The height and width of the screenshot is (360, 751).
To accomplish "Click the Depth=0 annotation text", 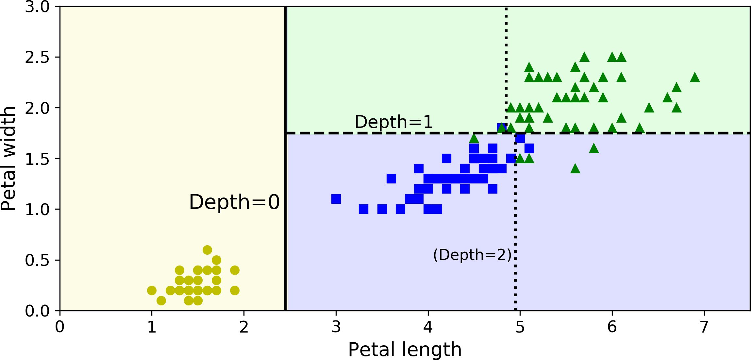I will tap(234, 202).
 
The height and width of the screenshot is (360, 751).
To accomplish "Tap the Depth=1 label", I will tap(393, 122).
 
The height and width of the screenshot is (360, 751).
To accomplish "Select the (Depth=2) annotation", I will tap(472, 255).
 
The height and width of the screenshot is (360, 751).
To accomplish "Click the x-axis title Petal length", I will tap(405, 350).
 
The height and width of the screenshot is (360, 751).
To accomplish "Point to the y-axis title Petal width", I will tap(8, 158).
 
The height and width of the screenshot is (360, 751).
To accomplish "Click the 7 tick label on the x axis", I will tap(704, 327).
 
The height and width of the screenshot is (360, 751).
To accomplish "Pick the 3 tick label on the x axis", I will tap(336, 327).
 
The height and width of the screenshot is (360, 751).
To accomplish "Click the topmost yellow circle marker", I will tap(207, 250).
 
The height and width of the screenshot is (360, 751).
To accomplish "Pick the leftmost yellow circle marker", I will tap(152, 290).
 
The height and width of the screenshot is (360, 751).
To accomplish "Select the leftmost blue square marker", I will tap(336, 199).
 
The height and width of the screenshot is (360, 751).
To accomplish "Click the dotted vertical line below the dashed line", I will tap(515, 229).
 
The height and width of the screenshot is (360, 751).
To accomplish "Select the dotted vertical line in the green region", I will tap(506, 49).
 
